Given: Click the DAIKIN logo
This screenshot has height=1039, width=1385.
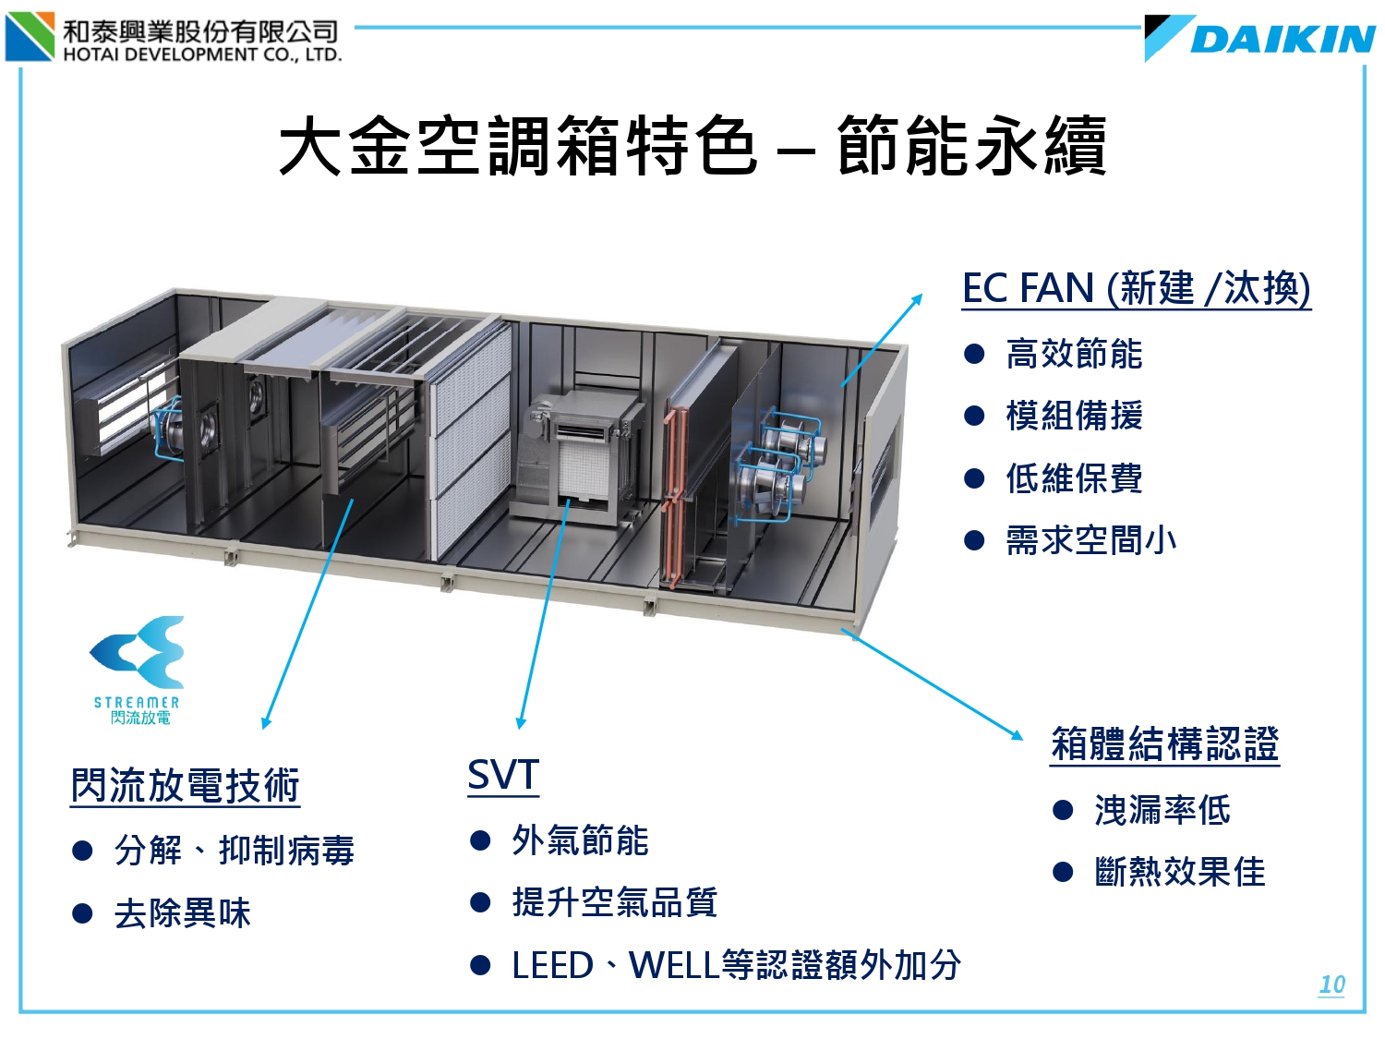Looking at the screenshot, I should click(1260, 39).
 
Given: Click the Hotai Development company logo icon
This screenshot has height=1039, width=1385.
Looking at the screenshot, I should click(30, 37).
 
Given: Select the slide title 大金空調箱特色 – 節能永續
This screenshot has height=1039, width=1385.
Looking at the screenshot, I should click(692, 146).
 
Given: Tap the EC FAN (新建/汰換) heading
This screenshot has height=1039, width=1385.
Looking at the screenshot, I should click(1136, 288).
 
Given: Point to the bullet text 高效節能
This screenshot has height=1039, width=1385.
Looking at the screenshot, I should click(1074, 354).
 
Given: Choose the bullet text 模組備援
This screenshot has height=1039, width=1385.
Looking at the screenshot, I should click(1074, 416).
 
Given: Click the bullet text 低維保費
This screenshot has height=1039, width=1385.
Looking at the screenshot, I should click(1074, 478).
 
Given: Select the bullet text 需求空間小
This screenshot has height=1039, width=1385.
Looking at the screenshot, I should click(1090, 540).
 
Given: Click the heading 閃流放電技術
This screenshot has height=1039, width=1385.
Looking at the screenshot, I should click(186, 786).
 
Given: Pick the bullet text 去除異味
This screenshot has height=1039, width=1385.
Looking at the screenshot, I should click(182, 913).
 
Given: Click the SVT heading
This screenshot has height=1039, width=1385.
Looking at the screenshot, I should click(503, 776).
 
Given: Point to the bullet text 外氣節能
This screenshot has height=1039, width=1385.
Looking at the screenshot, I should click(580, 840).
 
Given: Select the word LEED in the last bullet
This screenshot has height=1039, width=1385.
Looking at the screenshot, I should click(552, 966).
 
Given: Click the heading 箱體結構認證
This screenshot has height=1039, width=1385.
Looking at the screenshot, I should click(1165, 744).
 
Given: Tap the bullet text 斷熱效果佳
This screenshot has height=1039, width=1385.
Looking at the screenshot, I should click(1179, 872).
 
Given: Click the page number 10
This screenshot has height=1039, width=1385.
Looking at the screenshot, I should click(1331, 985).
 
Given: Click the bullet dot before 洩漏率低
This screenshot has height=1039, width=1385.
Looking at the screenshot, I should click(1063, 811).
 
